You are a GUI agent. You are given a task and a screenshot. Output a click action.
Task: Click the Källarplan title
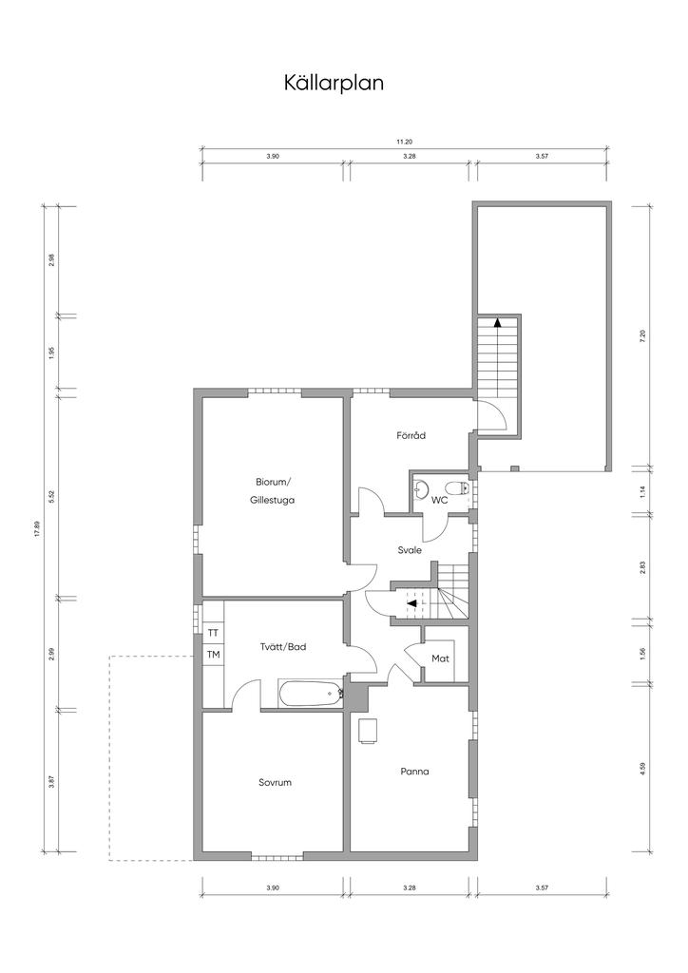point(334,84)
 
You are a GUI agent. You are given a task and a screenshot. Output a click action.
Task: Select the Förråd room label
point(411,435)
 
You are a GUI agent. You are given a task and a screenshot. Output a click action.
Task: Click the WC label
point(439,500)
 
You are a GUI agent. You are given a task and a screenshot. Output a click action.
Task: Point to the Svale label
point(410,550)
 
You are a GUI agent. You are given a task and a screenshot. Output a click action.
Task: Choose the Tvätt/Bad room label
point(283,646)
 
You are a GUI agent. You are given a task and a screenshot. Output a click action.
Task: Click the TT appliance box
point(213,634)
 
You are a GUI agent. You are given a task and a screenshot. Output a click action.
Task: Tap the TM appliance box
point(213,654)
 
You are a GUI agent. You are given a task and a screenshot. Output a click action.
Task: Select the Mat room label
point(440,658)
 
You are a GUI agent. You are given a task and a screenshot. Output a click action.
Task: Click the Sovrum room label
point(275,783)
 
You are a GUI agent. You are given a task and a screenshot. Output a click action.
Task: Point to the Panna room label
point(414,772)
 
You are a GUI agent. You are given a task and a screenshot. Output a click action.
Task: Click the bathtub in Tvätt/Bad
point(311,694)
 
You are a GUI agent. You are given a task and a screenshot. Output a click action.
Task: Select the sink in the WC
point(421,489)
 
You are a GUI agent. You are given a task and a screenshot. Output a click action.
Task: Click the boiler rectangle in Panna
point(368,730)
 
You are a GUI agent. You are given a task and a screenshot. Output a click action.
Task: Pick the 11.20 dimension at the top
point(405,143)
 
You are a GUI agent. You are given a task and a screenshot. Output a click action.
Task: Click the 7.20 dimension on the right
point(642,335)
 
